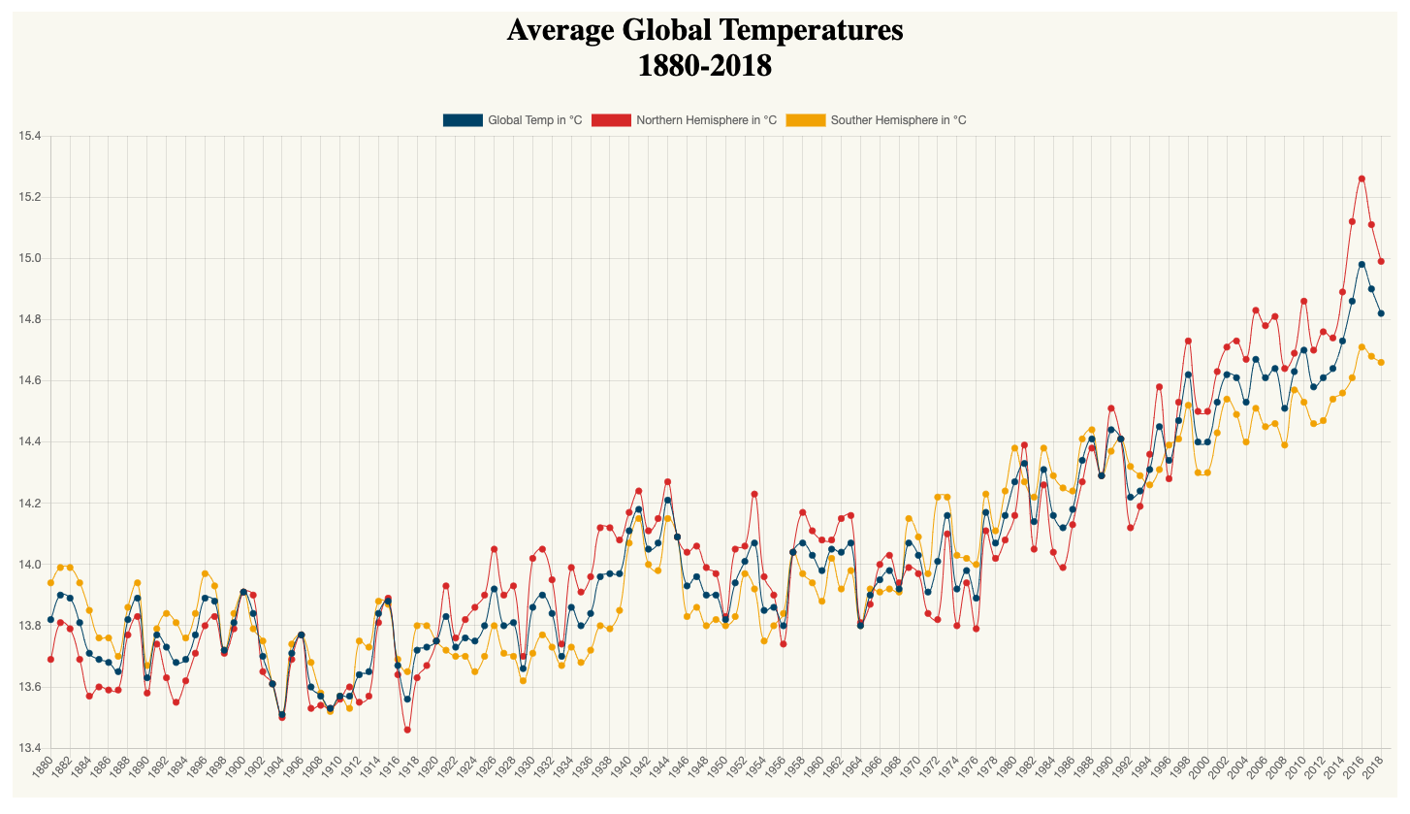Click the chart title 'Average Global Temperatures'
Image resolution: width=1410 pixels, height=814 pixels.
[705, 31]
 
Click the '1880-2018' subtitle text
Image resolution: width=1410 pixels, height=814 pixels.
[705, 66]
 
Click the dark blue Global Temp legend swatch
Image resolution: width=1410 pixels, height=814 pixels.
[462, 120]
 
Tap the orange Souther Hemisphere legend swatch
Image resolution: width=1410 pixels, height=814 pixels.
[805, 120]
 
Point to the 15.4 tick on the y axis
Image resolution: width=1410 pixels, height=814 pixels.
[29, 137]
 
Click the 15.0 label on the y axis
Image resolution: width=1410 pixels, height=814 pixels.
[29, 259]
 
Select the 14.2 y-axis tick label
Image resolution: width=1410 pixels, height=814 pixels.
[29, 504]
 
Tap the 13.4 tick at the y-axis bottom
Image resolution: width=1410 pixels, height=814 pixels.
[29, 748]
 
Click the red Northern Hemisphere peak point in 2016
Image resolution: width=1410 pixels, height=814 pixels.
[1362, 179]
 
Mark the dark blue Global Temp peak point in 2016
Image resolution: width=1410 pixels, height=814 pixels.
[1362, 264]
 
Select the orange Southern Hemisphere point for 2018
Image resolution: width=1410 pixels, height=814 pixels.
[1381, 362]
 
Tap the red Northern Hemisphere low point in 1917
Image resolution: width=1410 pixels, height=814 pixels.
[407, 730]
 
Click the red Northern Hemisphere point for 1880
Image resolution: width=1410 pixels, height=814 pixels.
[50, 660]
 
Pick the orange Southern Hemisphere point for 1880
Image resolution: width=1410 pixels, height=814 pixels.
[50, 583]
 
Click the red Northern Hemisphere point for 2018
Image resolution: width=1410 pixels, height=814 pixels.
[1381, 261]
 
